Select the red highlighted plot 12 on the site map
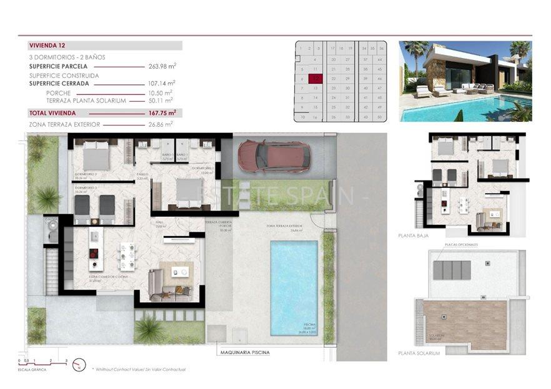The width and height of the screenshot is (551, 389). point(317,79)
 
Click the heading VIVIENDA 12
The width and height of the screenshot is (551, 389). point(47,46)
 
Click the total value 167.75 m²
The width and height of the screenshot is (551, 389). point(162,113)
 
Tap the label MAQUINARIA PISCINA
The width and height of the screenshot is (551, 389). point(245,353)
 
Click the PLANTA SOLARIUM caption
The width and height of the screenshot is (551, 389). point(419,353)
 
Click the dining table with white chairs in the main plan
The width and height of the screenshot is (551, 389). point(127,253)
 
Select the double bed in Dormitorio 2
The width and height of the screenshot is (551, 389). point(93,155)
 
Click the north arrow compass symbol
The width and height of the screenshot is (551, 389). point(79,364)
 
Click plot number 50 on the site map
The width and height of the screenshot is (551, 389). point(380,116)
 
